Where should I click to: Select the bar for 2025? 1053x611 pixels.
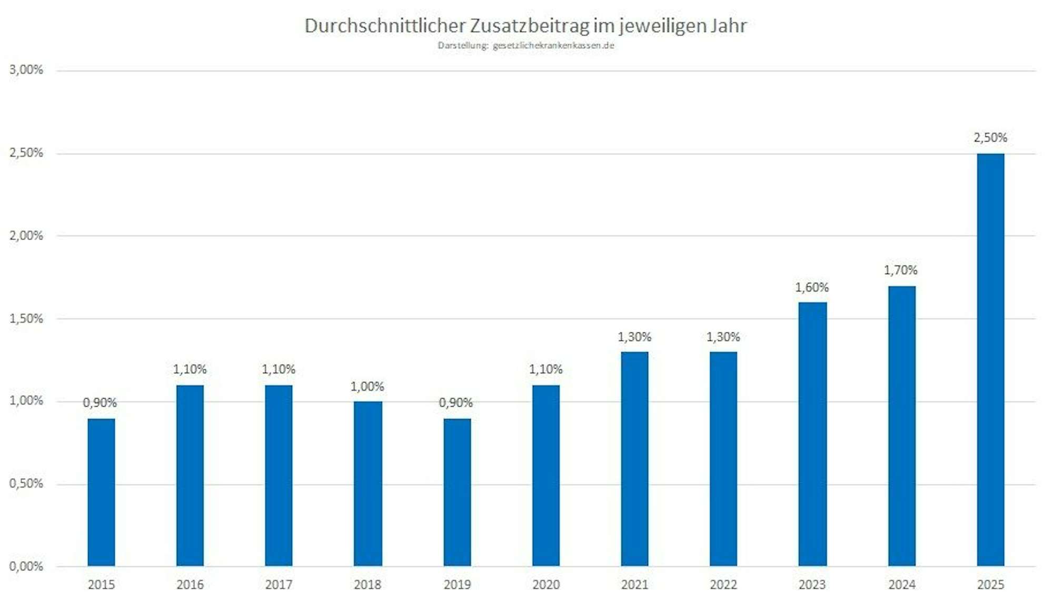(990, 360)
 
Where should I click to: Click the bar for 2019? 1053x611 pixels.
(457, 492)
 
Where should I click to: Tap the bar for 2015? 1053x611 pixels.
(101, 492)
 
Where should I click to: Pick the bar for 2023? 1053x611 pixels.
(812, 434)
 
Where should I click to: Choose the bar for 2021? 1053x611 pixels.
(634, 459)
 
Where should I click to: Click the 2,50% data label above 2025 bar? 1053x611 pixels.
(990, 138)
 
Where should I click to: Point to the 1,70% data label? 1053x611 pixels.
(900, 270)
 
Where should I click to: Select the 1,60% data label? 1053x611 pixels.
(811, 288)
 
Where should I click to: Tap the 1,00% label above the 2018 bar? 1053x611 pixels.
(367, 387)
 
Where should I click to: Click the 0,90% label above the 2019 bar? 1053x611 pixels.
(455, 403)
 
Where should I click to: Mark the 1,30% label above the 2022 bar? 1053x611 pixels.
(723, 337)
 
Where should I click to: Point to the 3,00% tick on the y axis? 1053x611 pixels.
(26, 70)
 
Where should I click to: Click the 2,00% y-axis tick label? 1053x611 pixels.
(26, 235)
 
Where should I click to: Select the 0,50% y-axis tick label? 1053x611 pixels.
(26, 484)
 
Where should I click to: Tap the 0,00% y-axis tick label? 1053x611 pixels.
(26, 567)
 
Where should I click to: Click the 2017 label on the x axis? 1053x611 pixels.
(279, 585)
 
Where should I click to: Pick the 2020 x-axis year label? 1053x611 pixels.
(545, 585)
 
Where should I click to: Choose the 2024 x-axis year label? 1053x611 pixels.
(901, 585)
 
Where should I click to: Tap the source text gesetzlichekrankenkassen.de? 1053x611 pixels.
(553, 46)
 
